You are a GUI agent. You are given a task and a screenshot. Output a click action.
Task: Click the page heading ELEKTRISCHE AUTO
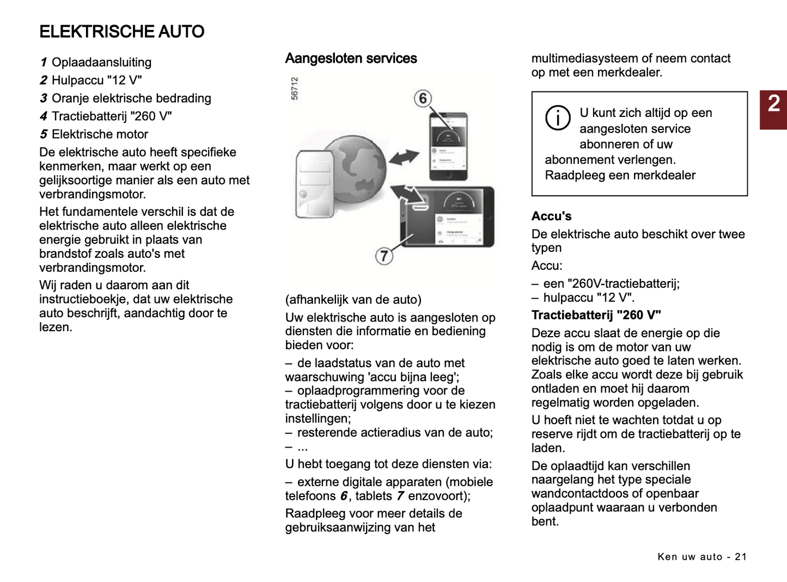[x=121, y=32]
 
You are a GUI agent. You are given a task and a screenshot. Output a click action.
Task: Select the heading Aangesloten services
[x=351, y=59]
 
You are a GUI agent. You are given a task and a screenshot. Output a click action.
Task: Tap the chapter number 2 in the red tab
[x=773, y=104]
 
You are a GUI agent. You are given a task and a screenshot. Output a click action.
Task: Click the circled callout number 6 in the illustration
[x=423, y=98]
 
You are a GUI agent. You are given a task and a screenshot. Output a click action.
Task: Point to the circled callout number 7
[x=384, y=255]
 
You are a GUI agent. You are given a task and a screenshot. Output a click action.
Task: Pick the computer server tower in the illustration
[x=314, y=185]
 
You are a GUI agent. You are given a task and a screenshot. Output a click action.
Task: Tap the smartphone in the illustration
[x=448, y=147]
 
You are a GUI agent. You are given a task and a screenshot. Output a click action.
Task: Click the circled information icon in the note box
[x=558, y=117]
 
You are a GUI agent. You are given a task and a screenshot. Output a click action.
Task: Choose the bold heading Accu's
[x=551, y=216]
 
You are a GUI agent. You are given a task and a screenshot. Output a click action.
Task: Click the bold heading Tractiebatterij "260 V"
[x=596, y=315]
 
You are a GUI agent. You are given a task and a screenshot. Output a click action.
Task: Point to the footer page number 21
[x=740, y=556]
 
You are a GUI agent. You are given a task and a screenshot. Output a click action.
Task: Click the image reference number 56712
[x=295, y=88]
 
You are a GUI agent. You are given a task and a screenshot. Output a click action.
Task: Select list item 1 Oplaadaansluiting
[x=96, y=63]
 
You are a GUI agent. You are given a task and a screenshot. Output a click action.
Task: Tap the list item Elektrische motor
[x=94, y=134]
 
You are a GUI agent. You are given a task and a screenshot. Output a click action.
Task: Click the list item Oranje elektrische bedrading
[x=125, y=98]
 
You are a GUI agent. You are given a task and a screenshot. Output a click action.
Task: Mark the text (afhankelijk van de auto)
[x=353, y=300]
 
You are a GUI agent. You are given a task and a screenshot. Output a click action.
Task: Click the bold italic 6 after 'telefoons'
[x=344, y=496]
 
